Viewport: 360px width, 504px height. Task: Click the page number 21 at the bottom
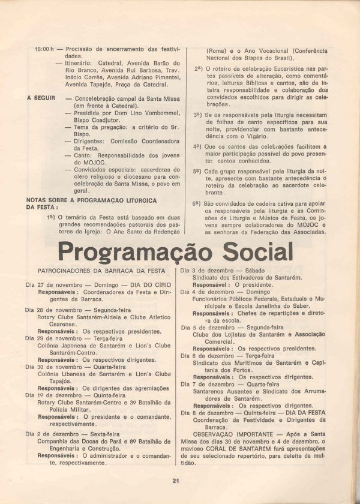(176, 480)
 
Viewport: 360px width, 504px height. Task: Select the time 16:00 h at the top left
(44, 49)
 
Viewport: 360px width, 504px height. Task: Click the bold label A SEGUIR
(41, 97)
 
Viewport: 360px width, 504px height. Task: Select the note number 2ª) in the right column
(198, 68)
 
